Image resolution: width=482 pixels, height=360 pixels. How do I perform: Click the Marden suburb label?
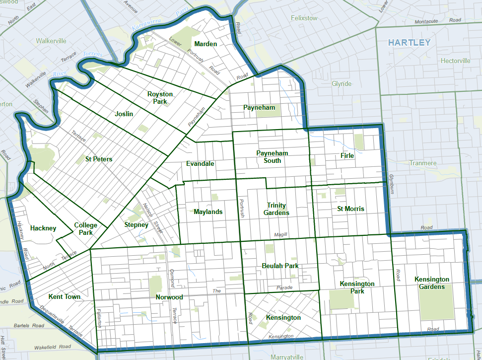pyautogui.click(x=206, y=44)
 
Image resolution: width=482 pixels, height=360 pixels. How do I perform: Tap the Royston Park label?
pyautogui.click(x=160, y=98)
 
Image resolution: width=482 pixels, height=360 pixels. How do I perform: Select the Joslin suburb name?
pyautogui.click(x=124, y=114)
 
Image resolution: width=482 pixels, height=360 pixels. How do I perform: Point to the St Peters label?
pyautogui.click(x=99, y=159)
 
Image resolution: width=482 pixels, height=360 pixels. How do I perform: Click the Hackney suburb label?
pyautogui.click(x=43, y=228)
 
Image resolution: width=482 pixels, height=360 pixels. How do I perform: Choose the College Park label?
pyautogui.click(x=86, y=228)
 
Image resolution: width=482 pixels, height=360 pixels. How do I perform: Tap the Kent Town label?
pyautogui.click(x=65, y=297)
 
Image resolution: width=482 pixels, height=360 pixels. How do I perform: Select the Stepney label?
pyautogui.click(x=136, y=225)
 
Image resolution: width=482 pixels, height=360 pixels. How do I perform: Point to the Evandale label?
pyautogui.click(x=200, y=163)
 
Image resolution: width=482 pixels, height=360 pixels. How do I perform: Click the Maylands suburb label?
pyautogui.click(x=208, y=212)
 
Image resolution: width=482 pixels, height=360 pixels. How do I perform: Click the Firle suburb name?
pyautogui.click(x=347, y=155)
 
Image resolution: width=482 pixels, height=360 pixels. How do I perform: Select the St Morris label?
pyautogui.click(x=350, y=209)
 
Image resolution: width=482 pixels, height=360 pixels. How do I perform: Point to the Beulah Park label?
pyautogui.click(x=280, y=266)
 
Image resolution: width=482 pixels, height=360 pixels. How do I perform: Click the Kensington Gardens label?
pyautogui.click(x=432, y=283)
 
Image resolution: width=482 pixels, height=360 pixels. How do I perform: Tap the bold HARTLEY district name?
pyautogui.click(x=409, y=43)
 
